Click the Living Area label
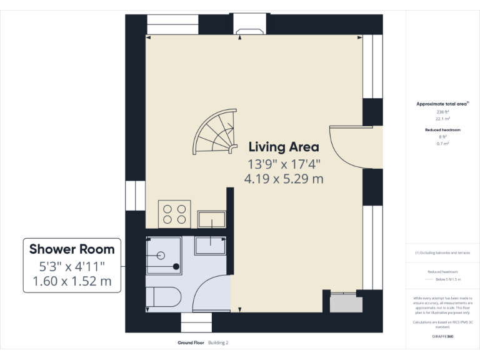click(284, 147)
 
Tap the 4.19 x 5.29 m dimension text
click(284, 179)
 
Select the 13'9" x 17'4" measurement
click(284, 164)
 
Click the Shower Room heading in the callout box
click(72, 249)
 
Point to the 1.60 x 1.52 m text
click(72, 281)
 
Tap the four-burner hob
click(174, 214)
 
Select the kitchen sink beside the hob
click(212, 220)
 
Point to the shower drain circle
click(161, 255)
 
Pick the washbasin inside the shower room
click(210, 245)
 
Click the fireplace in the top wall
click(249, 27)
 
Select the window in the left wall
click(134, 196)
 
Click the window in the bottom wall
click(197, 322)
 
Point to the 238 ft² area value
click(442, 112)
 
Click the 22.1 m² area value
click(442, 118)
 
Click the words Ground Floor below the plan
click(191, 343)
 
